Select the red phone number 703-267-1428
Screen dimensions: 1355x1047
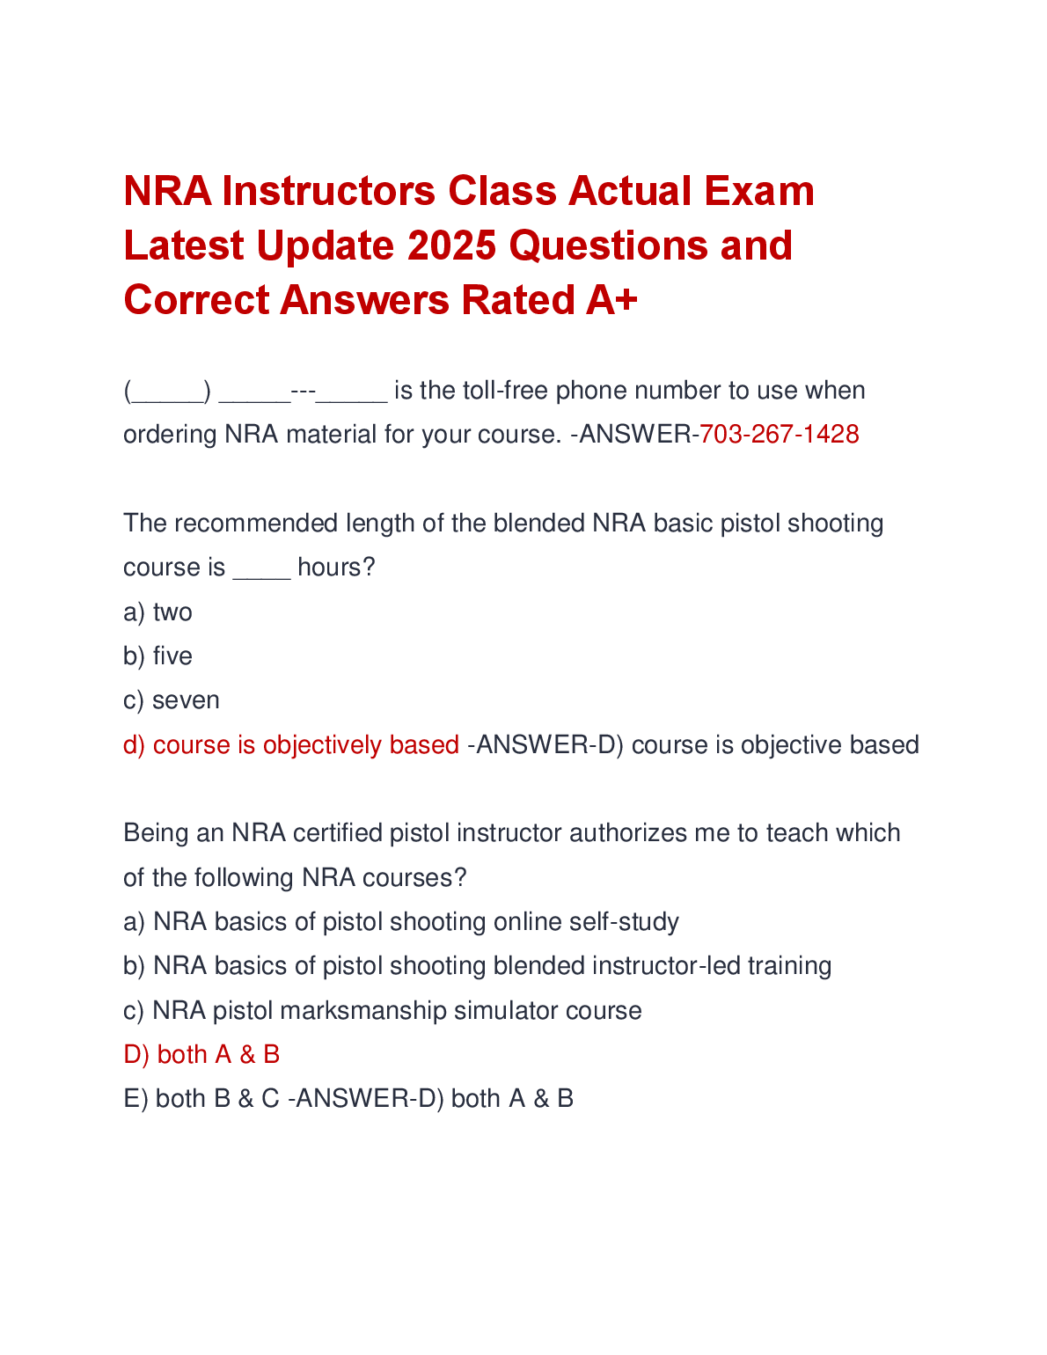coord(779,434)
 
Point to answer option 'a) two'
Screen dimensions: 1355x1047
coord(158,612)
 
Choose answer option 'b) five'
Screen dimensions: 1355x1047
coord(158,656)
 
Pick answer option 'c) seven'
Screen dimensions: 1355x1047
coord(172,700)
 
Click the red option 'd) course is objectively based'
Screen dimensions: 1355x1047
coord(291,745)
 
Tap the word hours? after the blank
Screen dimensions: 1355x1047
coord(336,568)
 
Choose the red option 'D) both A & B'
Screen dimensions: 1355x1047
coord(201,1054)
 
